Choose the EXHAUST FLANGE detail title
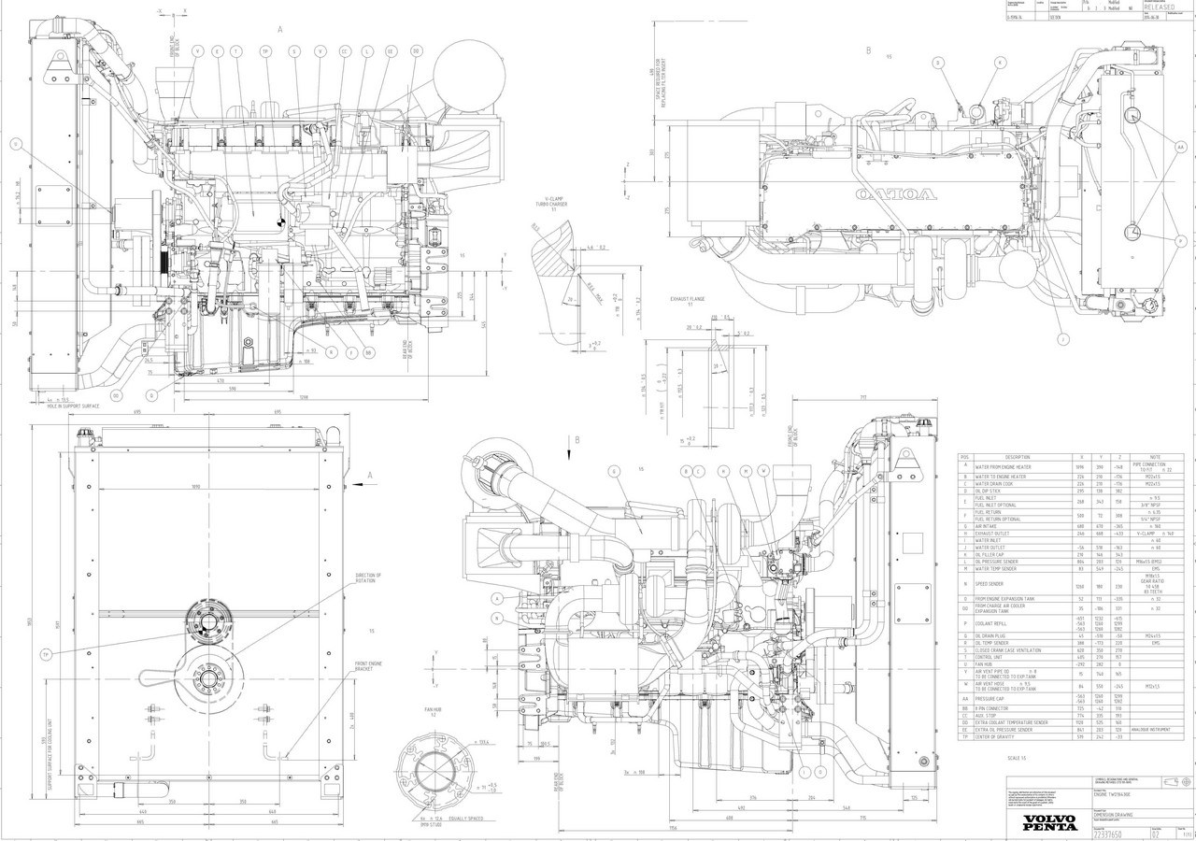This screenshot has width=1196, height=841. [x=687, y=300]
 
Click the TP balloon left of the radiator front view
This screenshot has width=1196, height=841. [x=44, y=654]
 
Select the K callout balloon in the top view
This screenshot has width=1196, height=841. [x=1000, y=63]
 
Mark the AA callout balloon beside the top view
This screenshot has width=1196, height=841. [x=1180, y=148]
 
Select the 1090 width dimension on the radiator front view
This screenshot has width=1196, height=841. [x=195, y=487]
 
